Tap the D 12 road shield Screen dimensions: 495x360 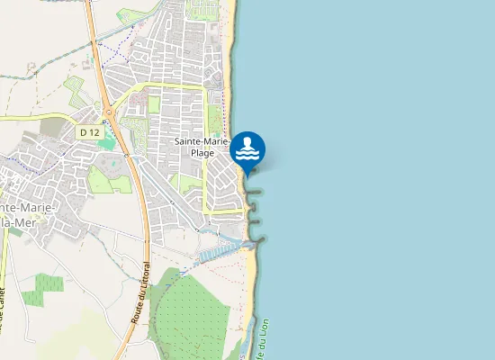point(89,132)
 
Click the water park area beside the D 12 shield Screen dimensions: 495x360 point(112,165)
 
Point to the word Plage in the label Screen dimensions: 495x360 point(202,153)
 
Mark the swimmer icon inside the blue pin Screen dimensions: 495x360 point(248,147)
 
